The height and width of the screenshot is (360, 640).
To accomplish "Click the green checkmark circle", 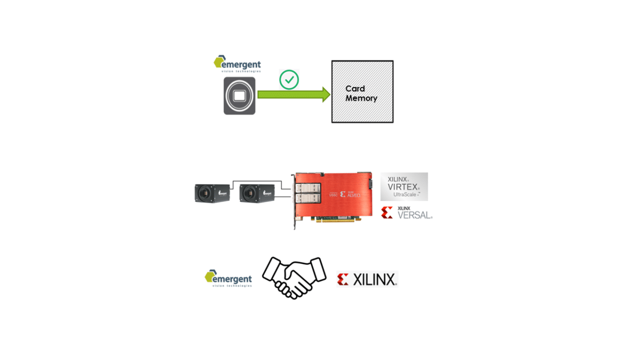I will (289, 80).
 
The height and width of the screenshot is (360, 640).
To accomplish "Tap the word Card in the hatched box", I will (355, 89).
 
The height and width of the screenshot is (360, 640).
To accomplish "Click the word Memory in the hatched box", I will (361, 98).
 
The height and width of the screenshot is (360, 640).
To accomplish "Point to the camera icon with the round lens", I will (239, 95).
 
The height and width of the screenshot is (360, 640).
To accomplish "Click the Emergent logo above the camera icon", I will (237, 63).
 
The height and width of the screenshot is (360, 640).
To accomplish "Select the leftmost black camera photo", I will (212, 193).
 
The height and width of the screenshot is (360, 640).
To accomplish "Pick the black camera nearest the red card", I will (257, 193).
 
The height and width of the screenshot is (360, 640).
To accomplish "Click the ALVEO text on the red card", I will (354, 195).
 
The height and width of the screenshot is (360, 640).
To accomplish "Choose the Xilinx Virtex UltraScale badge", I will (404, 187).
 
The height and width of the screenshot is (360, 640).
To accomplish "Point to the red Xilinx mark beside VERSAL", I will (387, 213).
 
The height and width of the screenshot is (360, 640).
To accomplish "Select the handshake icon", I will (294, 277).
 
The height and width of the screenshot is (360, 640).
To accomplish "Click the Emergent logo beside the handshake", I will (228, 278).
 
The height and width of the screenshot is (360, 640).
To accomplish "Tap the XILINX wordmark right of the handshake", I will (374, 279).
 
